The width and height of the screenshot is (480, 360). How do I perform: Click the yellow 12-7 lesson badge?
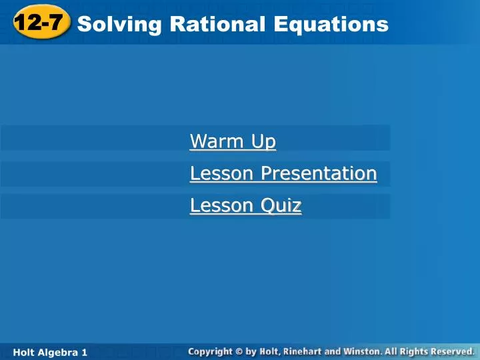point(40,24)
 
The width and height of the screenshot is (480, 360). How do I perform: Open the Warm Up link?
point(233,141)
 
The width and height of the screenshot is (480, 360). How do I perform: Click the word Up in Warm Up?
point(263,141)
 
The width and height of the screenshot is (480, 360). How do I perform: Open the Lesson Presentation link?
point(283,173)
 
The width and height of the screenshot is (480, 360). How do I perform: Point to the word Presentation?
point(319,173)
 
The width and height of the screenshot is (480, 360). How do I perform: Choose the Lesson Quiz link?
point(245,206)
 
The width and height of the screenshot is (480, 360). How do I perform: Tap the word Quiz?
point(281,206)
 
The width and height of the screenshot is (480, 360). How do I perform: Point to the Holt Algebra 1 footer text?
point(51,351)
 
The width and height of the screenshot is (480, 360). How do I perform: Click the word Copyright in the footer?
point(209,351)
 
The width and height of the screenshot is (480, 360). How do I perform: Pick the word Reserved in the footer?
point(450,351)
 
